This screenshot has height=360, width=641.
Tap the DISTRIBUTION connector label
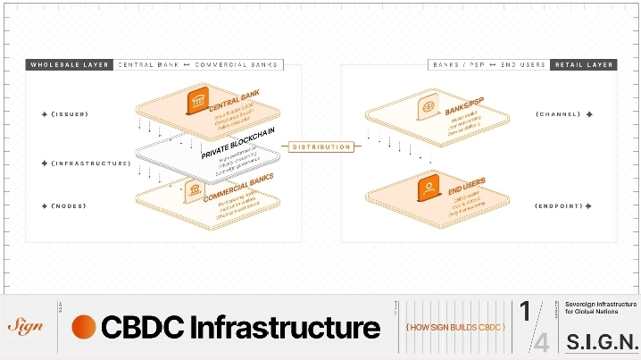[x=321, y=147]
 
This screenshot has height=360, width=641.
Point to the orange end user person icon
[x=429, y=189]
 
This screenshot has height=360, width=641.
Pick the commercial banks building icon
[x=192, y=190]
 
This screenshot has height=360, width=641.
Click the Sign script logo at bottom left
[x=25, y=327]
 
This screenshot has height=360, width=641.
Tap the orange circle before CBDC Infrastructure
[x=84, y=327]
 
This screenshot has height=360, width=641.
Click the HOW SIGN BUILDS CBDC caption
[x=455, y=328]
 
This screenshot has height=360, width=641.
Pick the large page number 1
[x=526, y=312]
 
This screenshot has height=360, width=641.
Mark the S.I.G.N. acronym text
[x=602, y=342]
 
